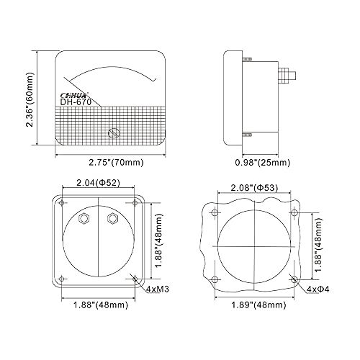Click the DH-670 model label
pos(76,102)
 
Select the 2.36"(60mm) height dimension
pos(30,99)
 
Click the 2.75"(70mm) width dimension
pos(116,163)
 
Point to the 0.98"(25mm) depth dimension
pos(263,163)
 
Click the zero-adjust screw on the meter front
pos(114,133)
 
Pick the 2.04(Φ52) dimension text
pos(98,183)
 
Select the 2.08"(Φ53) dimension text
pos(254,187)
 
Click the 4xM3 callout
pos(158,289)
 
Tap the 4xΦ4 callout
pos(318,289)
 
